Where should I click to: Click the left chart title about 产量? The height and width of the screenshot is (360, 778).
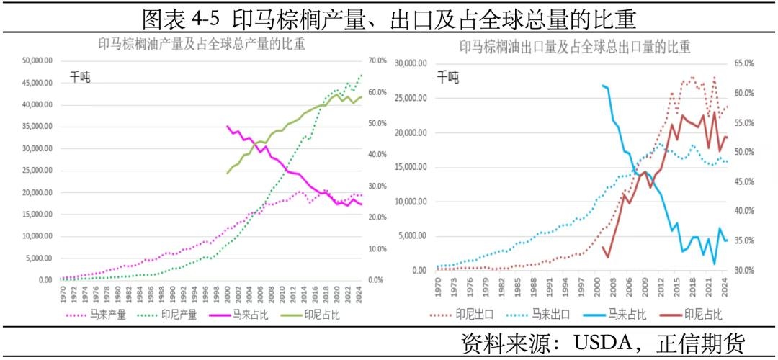201,44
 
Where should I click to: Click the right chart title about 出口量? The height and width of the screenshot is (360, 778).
575,48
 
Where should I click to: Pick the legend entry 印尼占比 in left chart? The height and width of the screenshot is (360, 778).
321,315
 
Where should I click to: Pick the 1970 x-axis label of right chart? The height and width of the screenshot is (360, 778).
437,285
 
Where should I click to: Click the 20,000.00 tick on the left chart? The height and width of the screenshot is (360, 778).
36,193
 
